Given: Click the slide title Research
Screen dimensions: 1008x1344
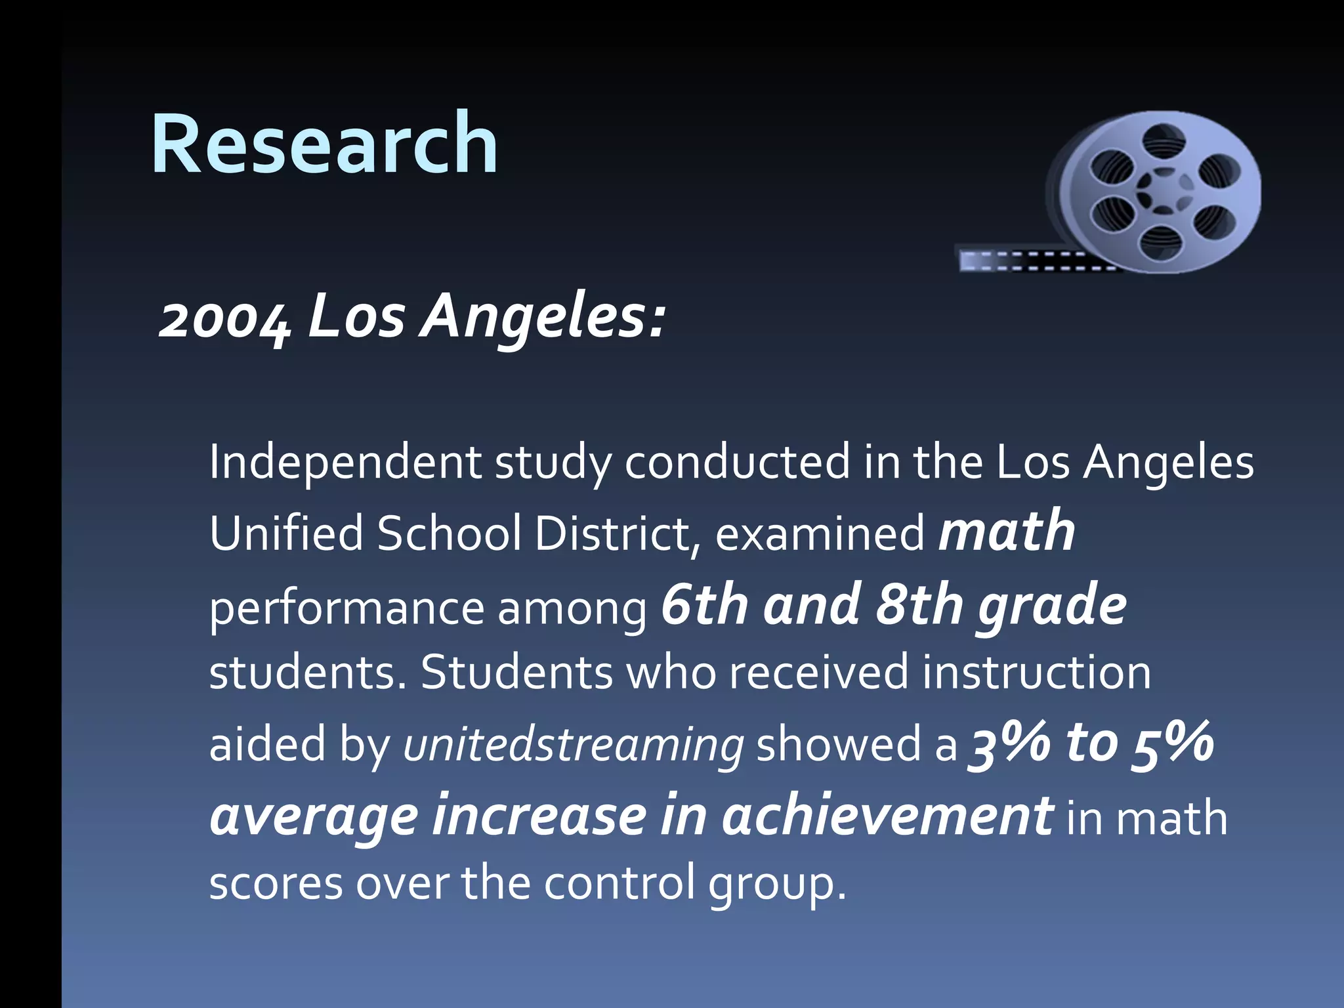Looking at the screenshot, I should coord(324,144).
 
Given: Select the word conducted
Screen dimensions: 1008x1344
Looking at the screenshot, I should coord(737,462).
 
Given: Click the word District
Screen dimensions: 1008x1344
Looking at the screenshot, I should coord(614,533).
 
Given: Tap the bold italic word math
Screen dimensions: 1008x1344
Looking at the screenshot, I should coord(1007,532).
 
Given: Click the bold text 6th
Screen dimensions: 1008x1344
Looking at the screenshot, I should coord(704,605).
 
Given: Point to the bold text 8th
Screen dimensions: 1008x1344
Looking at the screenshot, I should coord(919,605).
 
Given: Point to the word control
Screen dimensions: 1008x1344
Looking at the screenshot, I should coord(619,883).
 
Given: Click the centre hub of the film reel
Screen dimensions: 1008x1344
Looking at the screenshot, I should coord(1164,192).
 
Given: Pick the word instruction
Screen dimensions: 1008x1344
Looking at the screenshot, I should coord(1036,673).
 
